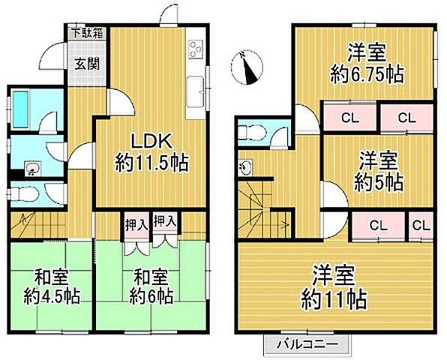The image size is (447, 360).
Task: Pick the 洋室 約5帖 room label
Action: (x=373, y=170)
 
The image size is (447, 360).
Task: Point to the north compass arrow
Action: (x=249, y=67)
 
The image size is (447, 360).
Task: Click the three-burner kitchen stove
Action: (x=195, y=49)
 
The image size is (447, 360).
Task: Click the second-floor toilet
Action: (x=251, y=132)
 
